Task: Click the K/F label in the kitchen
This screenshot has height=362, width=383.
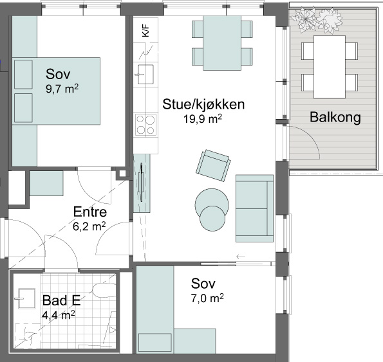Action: click(145, 30)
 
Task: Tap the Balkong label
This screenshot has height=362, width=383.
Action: click(335, 117)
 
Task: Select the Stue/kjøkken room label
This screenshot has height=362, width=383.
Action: click(203, 104)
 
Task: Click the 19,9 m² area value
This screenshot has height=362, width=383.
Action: click(203, 119)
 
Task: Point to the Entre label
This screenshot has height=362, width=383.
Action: click(90, 212)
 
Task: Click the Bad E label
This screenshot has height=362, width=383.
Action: click(61, 300)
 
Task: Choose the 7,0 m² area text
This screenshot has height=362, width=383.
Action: click(207, 298)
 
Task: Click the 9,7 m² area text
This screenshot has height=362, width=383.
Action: click(62, 89)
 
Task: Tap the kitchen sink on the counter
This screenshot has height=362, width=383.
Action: click(145, 74)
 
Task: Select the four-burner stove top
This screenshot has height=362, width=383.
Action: click(145, 124)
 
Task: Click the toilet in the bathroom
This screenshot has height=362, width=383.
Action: click(104, 290)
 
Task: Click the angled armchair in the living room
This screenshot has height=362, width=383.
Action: click(213, 165)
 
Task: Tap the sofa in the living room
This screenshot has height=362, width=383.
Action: click(254, 208)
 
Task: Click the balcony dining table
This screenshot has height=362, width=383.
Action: click(330, 67)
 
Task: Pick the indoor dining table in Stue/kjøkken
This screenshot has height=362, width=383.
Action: click(222, 43)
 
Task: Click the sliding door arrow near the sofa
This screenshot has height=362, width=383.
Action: click(241, 257)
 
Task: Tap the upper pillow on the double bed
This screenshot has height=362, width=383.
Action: click(23, 75)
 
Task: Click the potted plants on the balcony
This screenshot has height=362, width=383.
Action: click(316, 20)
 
